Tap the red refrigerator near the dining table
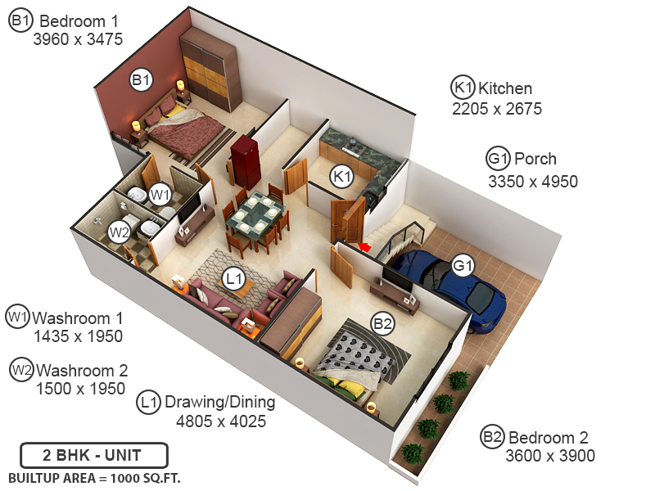tap(245, 161)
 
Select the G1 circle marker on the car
tap(463, 266)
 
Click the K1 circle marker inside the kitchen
tap(341, 176)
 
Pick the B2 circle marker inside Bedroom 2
tap(383, 324)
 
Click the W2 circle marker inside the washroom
tap(120, 232)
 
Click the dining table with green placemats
tap(255, 214)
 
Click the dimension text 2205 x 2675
tap(497, 109)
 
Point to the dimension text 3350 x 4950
tap(533, 181)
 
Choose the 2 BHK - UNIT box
tap(94, 455)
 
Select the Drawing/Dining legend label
tap(220, 403)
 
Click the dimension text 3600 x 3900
tap(550, 457)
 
